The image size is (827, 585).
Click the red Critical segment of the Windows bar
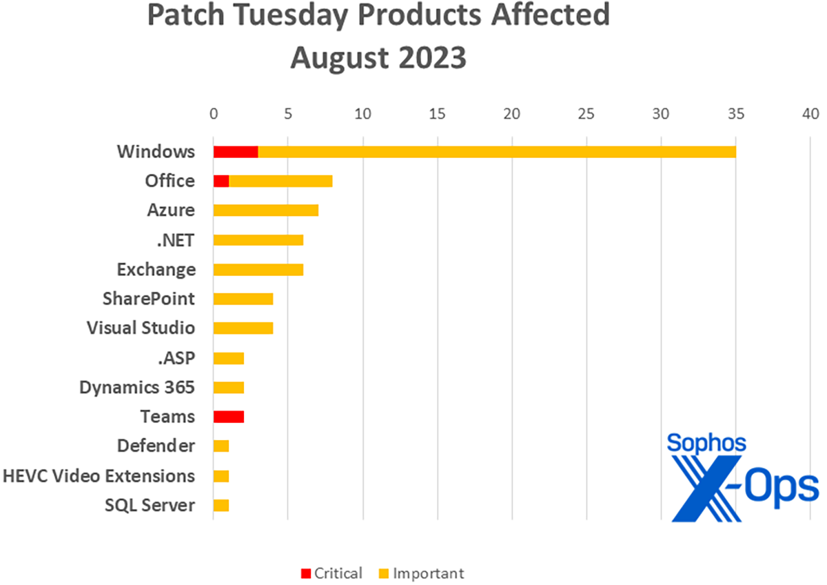[236, 151]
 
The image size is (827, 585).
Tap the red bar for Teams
[228, 417]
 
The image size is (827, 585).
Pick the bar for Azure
[265, 210]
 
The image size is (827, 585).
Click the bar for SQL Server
[221, 506]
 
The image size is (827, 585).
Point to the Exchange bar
[258, 269]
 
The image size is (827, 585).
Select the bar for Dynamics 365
[228, 387]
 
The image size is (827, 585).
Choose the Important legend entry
[421, 573]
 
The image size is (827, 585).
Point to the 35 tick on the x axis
[735, 113]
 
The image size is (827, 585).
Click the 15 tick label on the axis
[437, 113]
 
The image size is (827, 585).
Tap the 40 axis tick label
[810, 113]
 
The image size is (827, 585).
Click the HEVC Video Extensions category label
[99, 476]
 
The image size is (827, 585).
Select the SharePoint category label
[147, 299]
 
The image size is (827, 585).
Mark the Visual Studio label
[141, 328]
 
